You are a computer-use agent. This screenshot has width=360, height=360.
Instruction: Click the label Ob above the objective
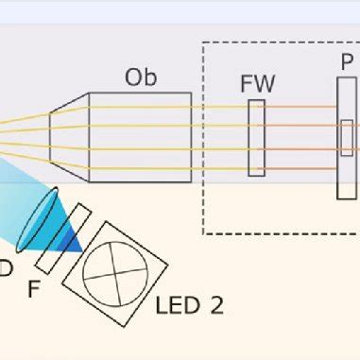click(141, 77)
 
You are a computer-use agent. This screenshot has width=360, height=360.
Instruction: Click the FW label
click(257, 84)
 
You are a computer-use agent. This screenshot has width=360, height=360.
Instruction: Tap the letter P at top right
click(347, 62)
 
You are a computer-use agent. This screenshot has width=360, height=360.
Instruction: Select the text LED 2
click(189, 305)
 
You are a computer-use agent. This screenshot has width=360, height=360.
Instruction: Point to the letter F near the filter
click(34, 289)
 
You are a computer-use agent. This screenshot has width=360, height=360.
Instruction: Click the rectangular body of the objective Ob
click(140, 137)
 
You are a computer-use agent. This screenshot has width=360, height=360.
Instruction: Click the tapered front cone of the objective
click(69, 137)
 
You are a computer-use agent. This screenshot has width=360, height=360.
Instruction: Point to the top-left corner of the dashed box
click(204, 43)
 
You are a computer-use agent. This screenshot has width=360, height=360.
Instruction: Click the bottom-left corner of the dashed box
click(204, 233)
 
